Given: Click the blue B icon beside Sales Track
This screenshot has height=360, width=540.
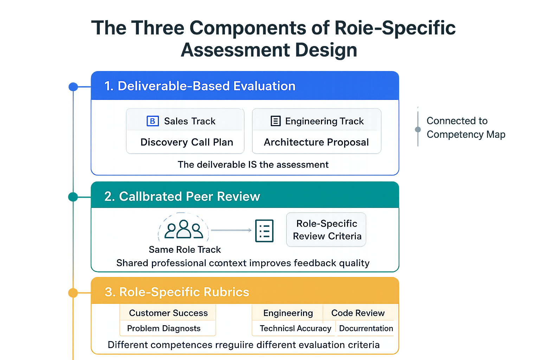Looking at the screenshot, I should tap(153, 121).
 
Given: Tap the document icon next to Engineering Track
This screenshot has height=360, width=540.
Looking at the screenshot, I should tap(276, 121).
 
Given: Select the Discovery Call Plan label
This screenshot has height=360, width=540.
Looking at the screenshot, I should tap(187, 142).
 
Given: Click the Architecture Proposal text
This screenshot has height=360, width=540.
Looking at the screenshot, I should tap(316, 142).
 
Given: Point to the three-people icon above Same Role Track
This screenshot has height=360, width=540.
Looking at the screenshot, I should tap(184, 229).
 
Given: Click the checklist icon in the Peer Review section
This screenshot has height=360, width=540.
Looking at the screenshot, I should tap(264, 231).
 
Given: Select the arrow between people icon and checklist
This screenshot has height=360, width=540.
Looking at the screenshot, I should tap(231, 230).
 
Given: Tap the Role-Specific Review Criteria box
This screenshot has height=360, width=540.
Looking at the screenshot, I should tap(326, 230).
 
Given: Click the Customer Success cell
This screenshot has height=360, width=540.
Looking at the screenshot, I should tap(168, 313).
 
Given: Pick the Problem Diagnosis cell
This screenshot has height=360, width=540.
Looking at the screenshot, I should tap(164, 328).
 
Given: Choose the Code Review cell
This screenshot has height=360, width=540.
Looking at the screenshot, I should tap(358, 313).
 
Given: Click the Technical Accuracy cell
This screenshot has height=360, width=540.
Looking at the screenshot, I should tap(295, 328).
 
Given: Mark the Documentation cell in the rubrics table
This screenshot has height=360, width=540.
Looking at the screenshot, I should tap(366, 328).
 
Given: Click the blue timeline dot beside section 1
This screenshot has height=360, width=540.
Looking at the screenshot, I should tap(73, 86).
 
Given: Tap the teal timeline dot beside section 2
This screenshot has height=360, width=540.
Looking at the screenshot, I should tap(73, 197).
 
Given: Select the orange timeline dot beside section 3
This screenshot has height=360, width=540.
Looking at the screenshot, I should tap(73, 292).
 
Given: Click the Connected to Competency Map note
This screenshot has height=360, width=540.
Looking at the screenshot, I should tap(465, 128).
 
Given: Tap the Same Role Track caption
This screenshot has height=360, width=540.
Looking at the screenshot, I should tap(185, 250).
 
